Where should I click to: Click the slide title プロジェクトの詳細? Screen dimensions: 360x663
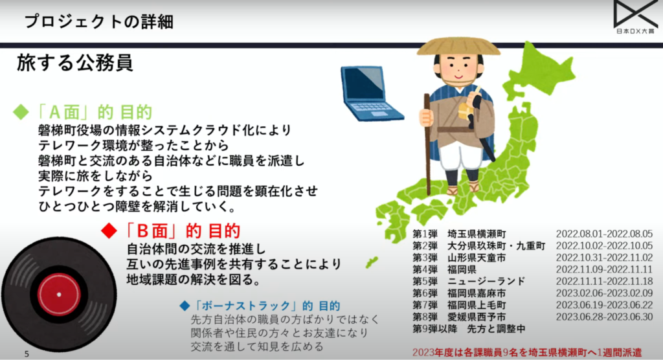pyautogui.click(x=98, y=21)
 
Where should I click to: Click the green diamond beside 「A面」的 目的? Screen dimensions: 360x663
pyautogui.click(x=21, y=111)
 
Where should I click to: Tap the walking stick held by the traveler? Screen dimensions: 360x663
pyautogui.click(x=427, y=142)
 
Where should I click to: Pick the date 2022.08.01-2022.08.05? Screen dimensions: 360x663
pyautogui.click(x=604, y=234)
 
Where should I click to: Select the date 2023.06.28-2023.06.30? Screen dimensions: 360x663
pyautogui.click(x=604, y=317)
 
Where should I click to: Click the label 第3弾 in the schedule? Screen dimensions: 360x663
pyautogui.click(x=426, y=258)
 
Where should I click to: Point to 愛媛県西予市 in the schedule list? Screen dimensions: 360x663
pyautogui.click(x=477, y=317)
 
